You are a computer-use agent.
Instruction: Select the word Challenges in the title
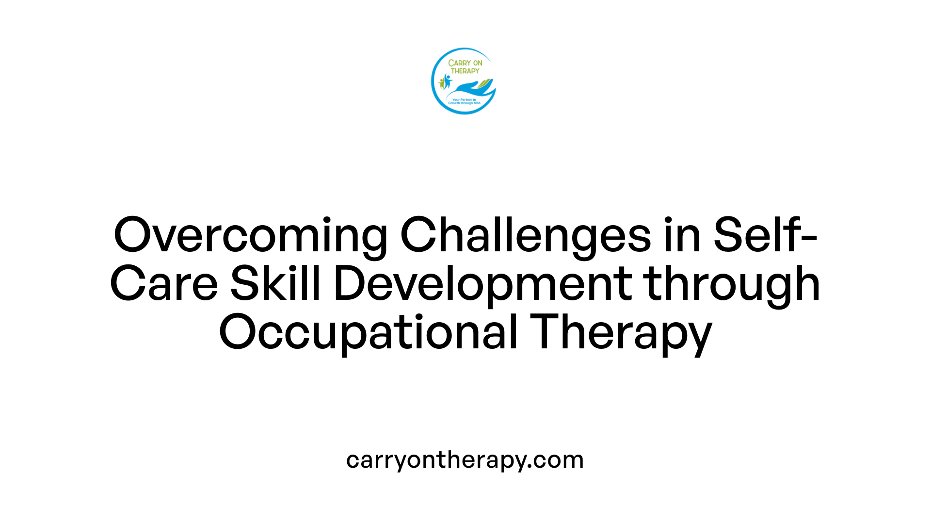(526, 236)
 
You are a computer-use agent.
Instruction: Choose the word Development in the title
(483, 285)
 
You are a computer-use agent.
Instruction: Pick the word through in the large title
(733, 285)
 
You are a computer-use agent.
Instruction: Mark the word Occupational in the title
(369, 333)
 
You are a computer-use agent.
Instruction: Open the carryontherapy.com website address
(465, 460)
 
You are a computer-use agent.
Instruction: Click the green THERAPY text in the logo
(465, 71)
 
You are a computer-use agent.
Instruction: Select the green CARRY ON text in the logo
(465, 63)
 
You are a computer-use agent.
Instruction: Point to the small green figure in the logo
(441, 83)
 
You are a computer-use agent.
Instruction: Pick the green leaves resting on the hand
(484, 83)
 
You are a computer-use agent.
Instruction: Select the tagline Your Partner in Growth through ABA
(465, 101)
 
